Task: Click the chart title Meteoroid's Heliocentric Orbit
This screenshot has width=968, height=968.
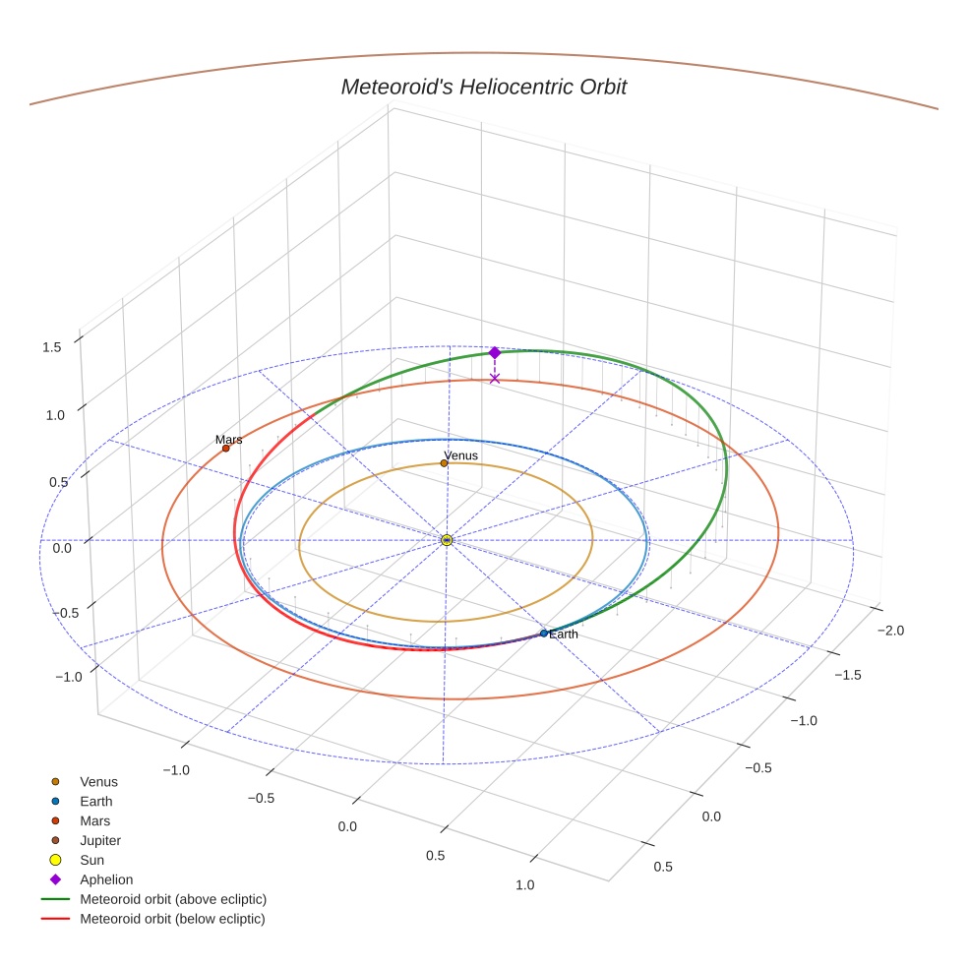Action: (483, 88)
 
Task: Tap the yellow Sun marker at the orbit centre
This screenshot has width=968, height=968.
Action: (447, 540)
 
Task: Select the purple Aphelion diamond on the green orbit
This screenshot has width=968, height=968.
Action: (495, 352)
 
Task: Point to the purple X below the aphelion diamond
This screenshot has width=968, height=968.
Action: (495, 379)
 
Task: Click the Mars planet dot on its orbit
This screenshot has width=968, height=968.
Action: (225, 449)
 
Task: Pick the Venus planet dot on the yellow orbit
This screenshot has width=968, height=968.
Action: (444, 463)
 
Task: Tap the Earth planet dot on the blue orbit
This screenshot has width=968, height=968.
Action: (544, 634)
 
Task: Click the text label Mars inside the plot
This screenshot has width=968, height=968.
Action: (229, 440)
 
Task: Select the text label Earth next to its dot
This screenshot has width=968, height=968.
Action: (564, 635)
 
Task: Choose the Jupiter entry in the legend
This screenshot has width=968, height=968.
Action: (99, 840)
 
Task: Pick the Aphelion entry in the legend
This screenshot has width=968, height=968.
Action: (106, 879)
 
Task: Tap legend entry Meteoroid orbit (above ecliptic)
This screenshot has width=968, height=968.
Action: (173, 899)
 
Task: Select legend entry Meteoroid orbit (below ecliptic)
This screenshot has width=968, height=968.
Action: (172, 919)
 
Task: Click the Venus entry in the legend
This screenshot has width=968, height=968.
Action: (98, 782)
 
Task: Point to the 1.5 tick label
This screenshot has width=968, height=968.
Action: (52, 347)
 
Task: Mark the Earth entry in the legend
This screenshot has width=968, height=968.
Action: (95, 802)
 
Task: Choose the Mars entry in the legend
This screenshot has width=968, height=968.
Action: (94, 820)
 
